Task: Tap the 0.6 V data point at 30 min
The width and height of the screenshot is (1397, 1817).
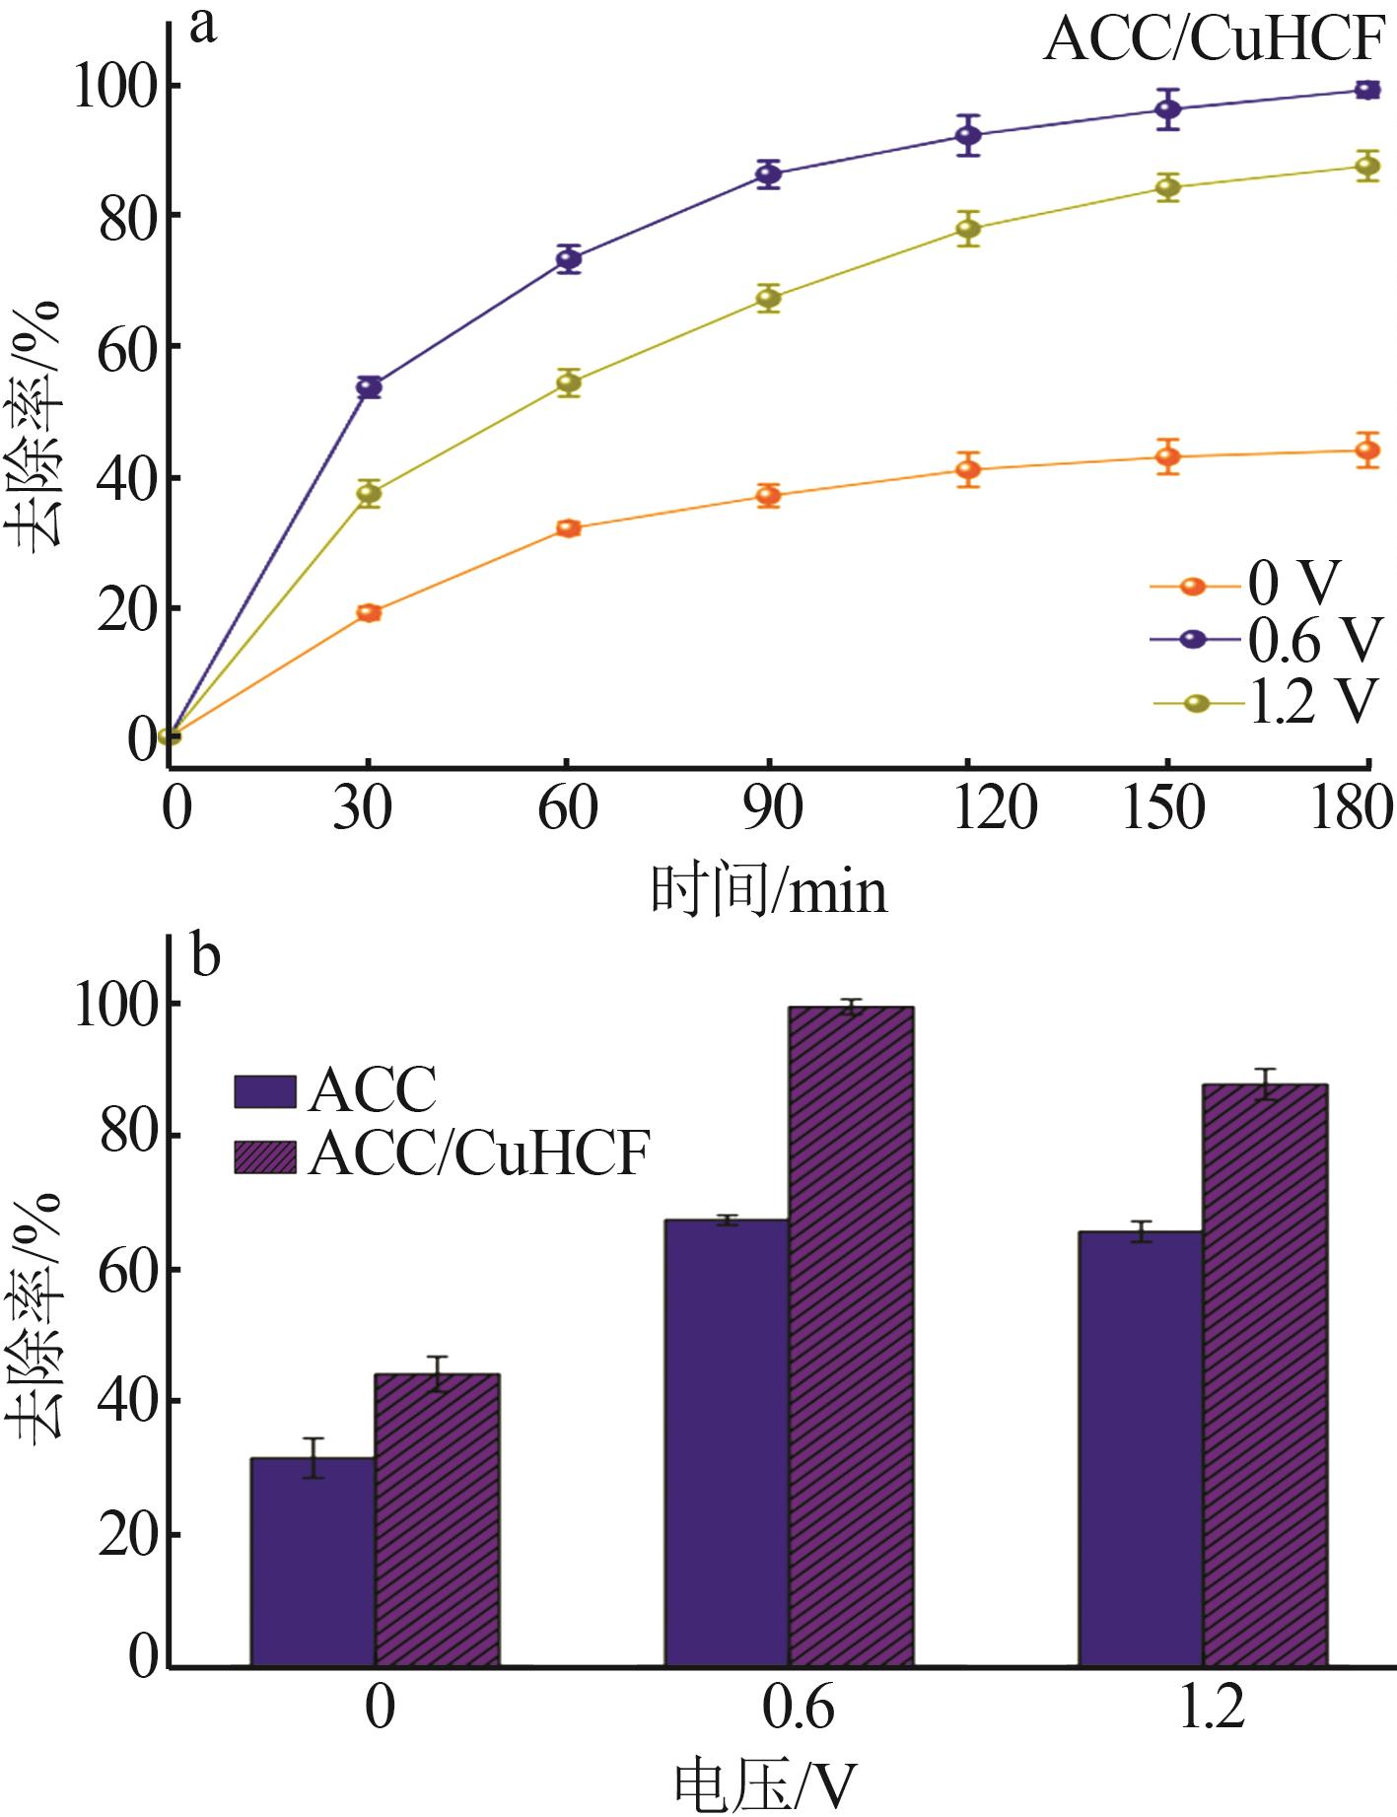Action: [369, 386]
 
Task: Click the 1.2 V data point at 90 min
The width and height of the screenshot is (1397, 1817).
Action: [769, 298]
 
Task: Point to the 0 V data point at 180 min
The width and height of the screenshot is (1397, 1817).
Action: [1367, 451]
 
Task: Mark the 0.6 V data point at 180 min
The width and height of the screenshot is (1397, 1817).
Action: [1367, 90]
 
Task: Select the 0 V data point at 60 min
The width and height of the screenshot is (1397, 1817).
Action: [569, 528]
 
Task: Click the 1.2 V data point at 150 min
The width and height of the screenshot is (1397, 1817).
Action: [1167, 187]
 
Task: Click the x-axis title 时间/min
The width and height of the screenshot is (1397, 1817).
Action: [769, 890]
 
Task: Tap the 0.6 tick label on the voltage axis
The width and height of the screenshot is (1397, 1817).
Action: [797, 1708]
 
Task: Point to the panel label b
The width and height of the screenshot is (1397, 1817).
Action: [205, 954]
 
